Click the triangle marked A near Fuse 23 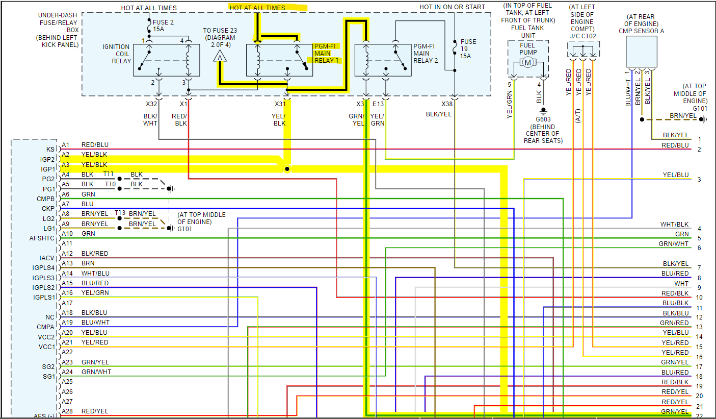pyautogui.click(x=220, y=57)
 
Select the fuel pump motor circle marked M pyautogui.click(x=528, y=63)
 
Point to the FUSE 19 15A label pyautogui.click(x=468, y=48)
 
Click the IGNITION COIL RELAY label pyautogui.click(x=116, y=54)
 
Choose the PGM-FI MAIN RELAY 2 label pyautogui.click(x=426, y=53)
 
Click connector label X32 pyautogui.click(x=152, y=104)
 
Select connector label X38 pyautogui.click(x=447, y=104)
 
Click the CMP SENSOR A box pyautogui.click(x=641, y=51)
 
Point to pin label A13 pyautogui.click(x=67, y=263)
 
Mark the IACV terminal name pyautogui.click(x=47, y=258)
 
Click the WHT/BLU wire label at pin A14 pyautogui.click(x=95, y=274)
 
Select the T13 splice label pyautogui.click(x=120, y=213)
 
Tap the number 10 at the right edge pyautogui.click(x=699, y=297)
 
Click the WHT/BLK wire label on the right pyautogui.click(x=674, y=225)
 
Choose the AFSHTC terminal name pyautogui.click(x=42, y=238)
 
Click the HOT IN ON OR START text pyautogui.click(x=452, y=7)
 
